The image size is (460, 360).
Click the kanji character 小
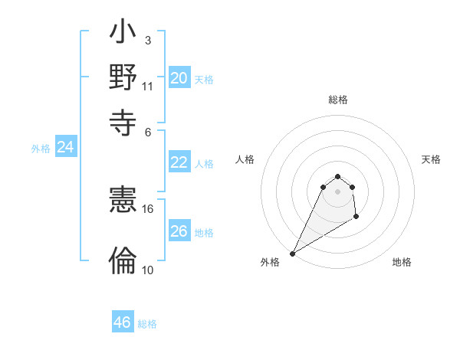point(123,34)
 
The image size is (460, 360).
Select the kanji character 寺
point(123,122)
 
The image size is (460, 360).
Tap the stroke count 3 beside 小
point(147,39)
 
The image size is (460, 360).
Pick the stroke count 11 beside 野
point(147,86)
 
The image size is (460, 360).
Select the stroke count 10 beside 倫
point(147,270)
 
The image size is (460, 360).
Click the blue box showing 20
point(179,78)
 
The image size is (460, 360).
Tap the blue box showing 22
point(179,162)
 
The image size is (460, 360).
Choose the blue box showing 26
point(179,231)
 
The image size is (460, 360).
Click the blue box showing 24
point(66,147)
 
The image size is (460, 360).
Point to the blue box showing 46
point(123,322)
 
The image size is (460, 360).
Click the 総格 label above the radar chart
point(338,100)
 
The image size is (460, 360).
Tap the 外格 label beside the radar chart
point(270,262)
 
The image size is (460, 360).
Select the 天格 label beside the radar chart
point(431,159)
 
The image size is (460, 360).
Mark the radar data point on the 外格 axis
point(292,254)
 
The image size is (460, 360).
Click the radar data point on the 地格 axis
point(356,218)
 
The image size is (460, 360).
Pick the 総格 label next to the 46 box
point(147,324)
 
